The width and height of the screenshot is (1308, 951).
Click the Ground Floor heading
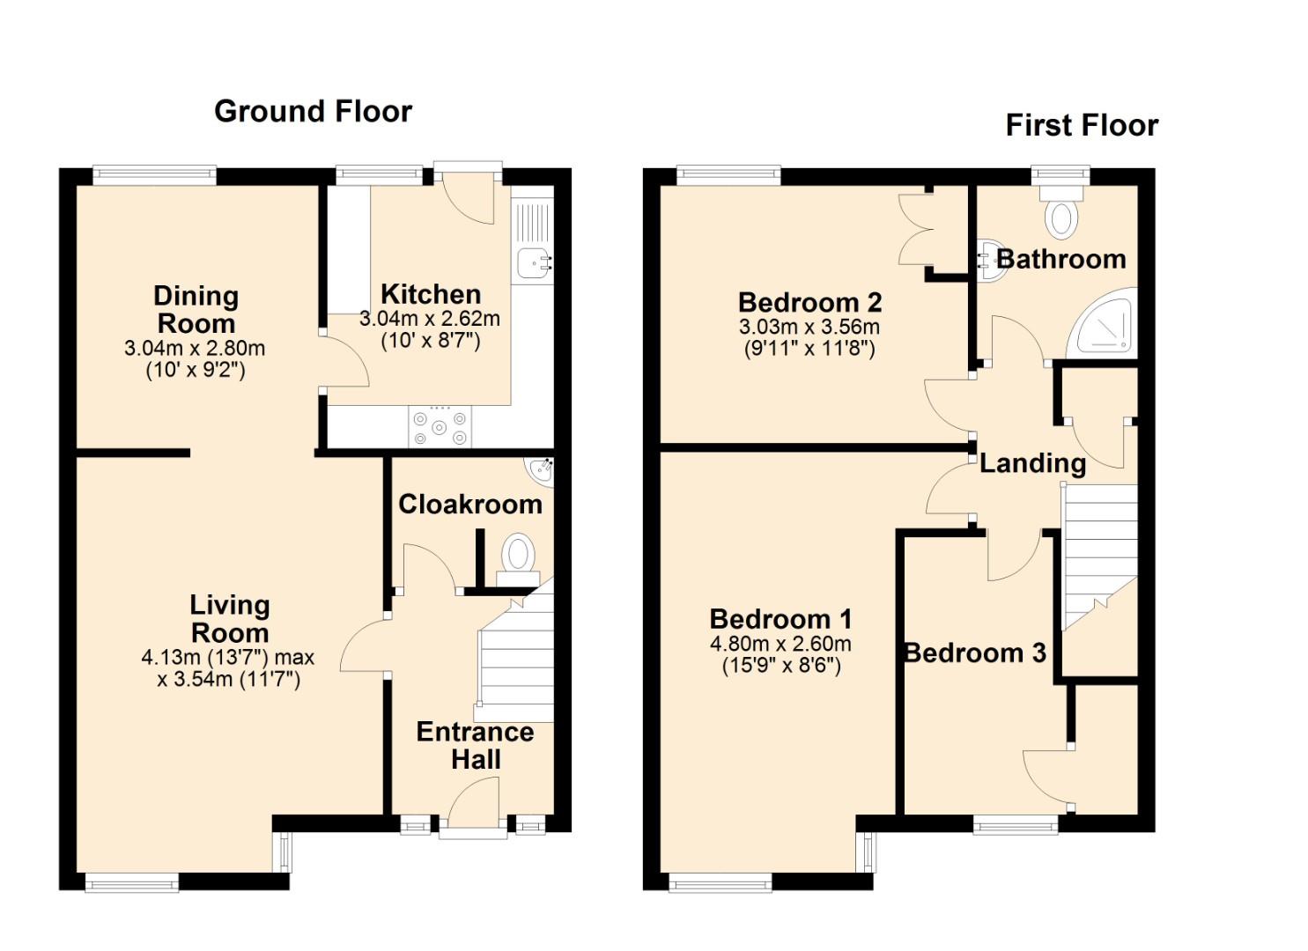(313, 112)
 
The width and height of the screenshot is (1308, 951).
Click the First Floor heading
(1082, 126)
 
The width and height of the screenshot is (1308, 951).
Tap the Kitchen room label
(431, 294)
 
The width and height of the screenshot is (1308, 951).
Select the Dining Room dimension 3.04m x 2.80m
(195, 349)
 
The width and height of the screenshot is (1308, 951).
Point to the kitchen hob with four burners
(440, 428)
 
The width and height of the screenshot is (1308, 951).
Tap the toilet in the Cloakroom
(518, 559)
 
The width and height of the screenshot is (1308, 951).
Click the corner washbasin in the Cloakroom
(540, 471)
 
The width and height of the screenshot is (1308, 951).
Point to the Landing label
(1032, 464)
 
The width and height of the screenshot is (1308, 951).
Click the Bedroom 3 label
(974, 653)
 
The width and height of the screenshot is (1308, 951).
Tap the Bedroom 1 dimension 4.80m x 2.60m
(780, 644)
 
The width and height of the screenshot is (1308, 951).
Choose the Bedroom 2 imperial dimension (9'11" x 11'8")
(809, 349)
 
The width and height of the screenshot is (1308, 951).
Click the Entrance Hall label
(476, 746)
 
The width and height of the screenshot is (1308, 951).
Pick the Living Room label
(230, 619)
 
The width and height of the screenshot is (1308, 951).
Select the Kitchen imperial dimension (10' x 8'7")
(431, 341)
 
